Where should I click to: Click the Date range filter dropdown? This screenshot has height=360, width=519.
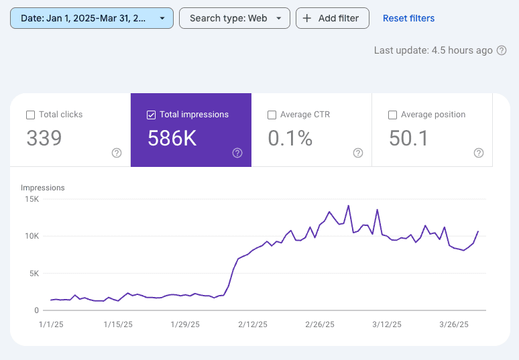tap(92, 18)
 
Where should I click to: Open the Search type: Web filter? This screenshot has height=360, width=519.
tap(235, 18)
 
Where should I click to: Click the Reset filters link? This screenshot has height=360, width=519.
tap(408, 18)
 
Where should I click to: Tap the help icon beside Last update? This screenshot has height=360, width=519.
tap(501, 50)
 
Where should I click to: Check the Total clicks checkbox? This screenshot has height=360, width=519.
tap(30, 115)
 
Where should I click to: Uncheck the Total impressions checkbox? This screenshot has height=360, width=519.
tap(151, 115)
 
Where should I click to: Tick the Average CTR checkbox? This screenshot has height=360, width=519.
tap(272, 115)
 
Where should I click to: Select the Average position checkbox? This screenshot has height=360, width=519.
tap(392, 115)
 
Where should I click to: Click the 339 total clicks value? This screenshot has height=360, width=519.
tap(44, 138)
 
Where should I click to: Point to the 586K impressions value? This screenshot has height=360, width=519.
tap(171, 138)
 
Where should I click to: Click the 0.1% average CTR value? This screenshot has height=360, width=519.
tap(290, 138)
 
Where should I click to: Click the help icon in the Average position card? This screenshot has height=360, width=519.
tap(479, 153)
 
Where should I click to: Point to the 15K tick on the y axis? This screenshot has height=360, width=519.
tap(32, 199)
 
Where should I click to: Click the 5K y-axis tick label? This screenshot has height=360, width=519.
tap(34, 274)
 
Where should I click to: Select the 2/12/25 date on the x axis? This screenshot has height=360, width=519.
tap(253, 324)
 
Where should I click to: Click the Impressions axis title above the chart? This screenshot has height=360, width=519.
tap(43, 188)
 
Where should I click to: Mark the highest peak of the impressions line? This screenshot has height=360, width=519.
tap(349, 206)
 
